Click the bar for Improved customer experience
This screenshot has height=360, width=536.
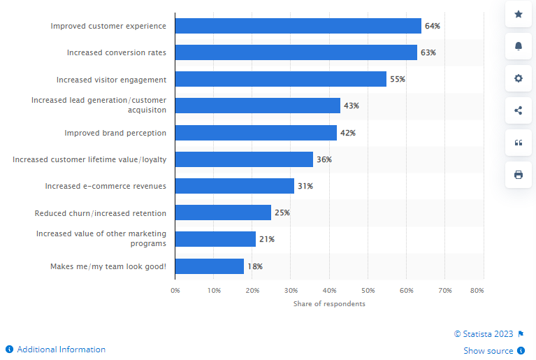298,26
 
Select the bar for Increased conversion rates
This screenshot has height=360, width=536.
296,52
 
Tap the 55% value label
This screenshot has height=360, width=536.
398,79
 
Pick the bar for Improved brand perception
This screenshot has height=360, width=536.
256,133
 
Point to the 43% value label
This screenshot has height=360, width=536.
351,106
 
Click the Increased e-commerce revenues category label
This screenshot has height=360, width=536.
106,186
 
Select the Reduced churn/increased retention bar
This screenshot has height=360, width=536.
223,213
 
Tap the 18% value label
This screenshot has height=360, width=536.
255,266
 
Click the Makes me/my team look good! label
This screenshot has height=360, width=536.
108,266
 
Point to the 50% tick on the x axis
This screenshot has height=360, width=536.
368,289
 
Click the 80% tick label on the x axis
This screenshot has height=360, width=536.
477,289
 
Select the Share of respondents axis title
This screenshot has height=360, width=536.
329,304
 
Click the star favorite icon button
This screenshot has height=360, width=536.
519,14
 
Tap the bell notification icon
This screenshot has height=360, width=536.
519,46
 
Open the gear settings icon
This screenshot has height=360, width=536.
519,78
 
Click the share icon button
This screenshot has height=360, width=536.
519,110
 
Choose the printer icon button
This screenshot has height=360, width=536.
519,175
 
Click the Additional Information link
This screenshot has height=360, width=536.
61,350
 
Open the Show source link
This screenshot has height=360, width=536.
488,351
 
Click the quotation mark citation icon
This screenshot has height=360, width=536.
519,143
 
